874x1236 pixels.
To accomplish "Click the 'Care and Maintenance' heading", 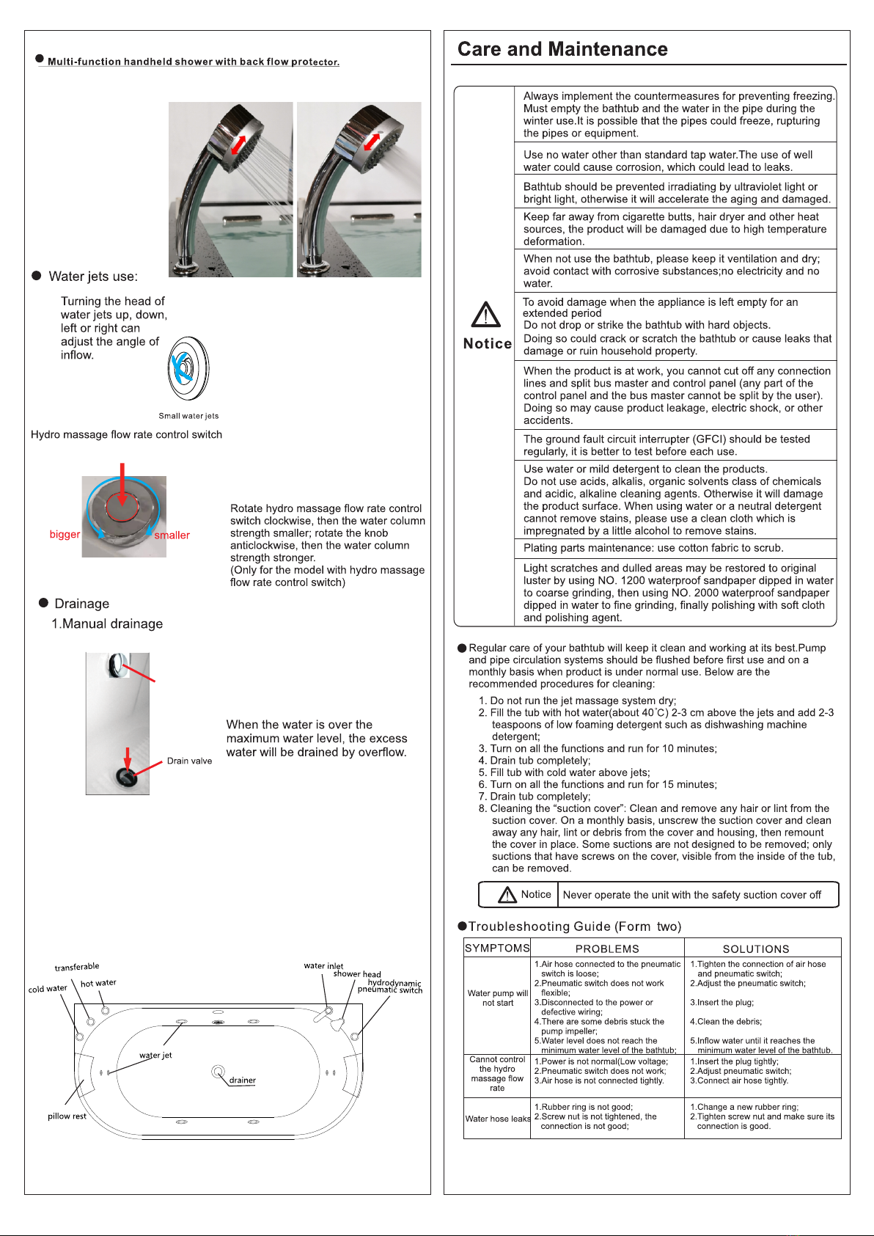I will tap(562, 49).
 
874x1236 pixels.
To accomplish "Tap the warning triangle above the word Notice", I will tap(485, 315).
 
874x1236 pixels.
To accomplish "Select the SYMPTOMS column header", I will tap(497, 948).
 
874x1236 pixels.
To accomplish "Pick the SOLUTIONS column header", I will tap(756, 948).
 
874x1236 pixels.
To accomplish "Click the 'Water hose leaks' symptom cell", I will tap(498, 1119).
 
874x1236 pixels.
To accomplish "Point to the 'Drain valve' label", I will tap(189, 761).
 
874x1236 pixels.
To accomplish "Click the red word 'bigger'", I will tap(65, 534).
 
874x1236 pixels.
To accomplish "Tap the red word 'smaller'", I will tap(172, 535).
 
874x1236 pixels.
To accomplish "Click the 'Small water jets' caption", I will tap(188, 416).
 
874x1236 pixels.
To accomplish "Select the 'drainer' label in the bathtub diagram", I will tap(242, 1080).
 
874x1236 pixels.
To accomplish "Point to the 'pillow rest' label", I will tap(67, 1116).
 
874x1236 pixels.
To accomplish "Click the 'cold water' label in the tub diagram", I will tap(48, 989).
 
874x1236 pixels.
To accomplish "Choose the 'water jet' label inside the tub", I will tap(155, 1055).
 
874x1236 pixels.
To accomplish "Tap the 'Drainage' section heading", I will tap(81, 604).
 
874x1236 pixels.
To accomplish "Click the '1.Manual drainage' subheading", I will tap(107, 624).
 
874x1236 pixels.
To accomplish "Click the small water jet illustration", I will tap(188, 369).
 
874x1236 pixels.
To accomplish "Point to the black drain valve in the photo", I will tap(127, 778).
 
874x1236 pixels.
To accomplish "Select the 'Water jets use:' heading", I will tap(93, 277).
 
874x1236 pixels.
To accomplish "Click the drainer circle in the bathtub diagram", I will tap(218, 1072).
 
